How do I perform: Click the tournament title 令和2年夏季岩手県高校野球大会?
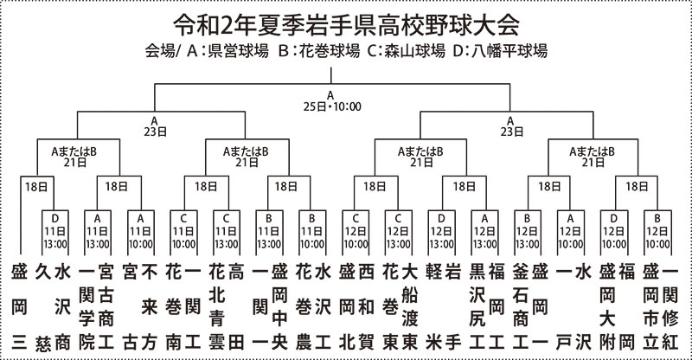tap(345, 26)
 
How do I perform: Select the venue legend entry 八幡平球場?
tap(509, 51)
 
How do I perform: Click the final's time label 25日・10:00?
tap(332, 106)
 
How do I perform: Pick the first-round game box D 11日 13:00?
tap(55, 233)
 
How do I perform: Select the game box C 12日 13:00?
tap(399, 233)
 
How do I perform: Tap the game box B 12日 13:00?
tap(528, 233)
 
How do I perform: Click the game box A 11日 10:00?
tap(141, 233)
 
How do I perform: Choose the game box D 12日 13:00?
tap(442, 233)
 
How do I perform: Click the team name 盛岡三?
tap(19, 307)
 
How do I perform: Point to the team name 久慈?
tap(43, 307)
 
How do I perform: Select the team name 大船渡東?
tap(410, 307)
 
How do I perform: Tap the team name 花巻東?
tap(391, 307)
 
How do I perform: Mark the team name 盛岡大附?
tap(608, 307)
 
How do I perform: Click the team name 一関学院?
tap(87, 307)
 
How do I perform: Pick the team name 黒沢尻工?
tap(477, 307)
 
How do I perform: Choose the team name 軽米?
tap(434, 307)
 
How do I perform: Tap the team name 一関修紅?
tap(670, 307)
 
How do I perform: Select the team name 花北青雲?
tap(217, 307)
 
